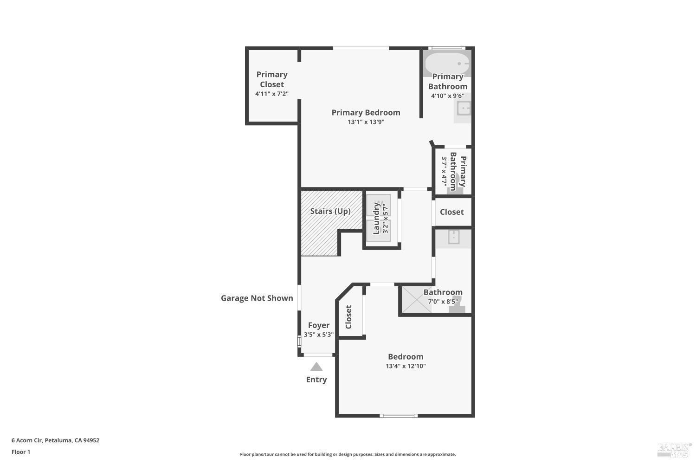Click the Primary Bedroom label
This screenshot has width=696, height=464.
pyautogui.click(x=366, y=112)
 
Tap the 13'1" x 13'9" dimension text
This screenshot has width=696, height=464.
pyautogui.click(x=366, y=122)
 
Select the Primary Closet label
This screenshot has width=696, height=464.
pyautogui.click(x=272, y=79)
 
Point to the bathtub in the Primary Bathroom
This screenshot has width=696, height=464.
pyautogui.click(x=447, y=64)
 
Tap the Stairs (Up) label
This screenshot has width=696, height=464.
pyautogui.click(x=330, y=211)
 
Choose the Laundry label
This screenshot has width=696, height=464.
pyautogui.click(x=376, y=218)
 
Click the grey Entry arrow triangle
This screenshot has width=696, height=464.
pyautogui.click(x=316, y=367)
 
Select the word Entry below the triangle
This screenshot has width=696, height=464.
pyautogui.click(x=316, y=380)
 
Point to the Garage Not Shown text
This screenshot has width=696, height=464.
pyautogui.click(x=257, y=298)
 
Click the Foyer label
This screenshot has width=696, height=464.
pyautogui.click(x=319, y=325)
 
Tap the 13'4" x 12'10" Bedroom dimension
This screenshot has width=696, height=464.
pyautogui.click(x=406, y=366)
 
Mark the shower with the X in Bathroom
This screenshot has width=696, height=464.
pyautogui.click(x=416, y=300)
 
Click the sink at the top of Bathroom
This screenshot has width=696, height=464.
pyautogui.click(x=454, y=237)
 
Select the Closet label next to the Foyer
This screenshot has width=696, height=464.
pyautogui.click(x=348, y=317)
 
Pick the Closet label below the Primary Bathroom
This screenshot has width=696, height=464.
pyautogui.click(x=452, y=212)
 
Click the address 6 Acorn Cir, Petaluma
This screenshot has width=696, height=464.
pyautogui.click(x=55, y=440)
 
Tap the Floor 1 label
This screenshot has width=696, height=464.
pyautogui.click(x=21, y=452)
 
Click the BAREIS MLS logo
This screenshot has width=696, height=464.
pyautogui.click(x=674, y=450)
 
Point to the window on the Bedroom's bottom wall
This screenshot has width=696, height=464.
pyautogui.click(x=399, y=416)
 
